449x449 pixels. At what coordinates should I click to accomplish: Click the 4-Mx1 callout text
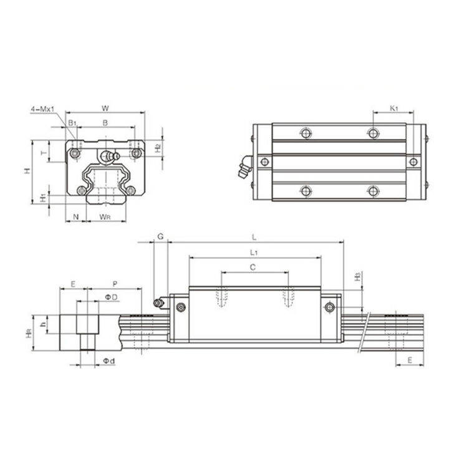[x=42, y=110]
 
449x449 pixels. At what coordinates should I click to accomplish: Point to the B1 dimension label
[x=72, y=123]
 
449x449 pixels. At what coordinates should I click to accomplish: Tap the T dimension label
[x=43, y=152]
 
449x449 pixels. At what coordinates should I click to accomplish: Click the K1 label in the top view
[x=393, y=109]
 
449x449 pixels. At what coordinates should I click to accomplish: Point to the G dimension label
[x=160, y=236]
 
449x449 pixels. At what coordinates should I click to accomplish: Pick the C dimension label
[x=253, y=267]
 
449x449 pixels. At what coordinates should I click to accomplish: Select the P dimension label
[x=116, y=284]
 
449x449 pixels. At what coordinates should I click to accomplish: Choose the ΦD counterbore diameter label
[x=110, y=297]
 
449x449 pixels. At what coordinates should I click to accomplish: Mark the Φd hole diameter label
[x=109, y=361]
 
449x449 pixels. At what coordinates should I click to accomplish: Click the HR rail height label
[x=29, y=335]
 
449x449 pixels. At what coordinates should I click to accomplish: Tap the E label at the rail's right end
[x=410, y=360]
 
